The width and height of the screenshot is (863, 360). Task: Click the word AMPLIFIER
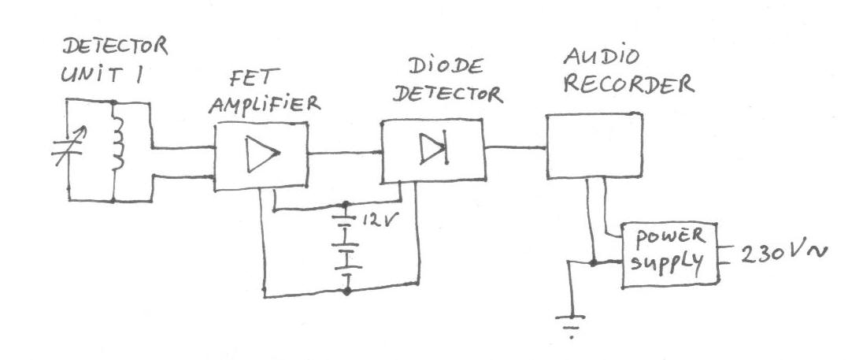pos(257,103)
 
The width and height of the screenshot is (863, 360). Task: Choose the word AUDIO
pos(591,58)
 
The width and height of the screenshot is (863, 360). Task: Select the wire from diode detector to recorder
pos(517,147)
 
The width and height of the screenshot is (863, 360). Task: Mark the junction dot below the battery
pos(346,291)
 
